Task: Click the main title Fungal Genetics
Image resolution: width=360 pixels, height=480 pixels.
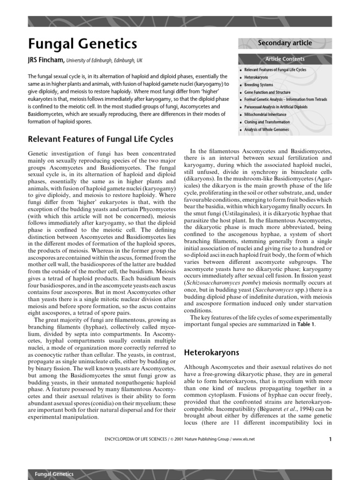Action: [x=82, y=44]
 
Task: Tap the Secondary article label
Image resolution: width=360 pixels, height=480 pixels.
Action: [x=285, y=43]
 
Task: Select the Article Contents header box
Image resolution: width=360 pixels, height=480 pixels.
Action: [x=285, y=59]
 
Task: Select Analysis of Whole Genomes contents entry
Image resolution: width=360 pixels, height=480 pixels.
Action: [x=266, y=129]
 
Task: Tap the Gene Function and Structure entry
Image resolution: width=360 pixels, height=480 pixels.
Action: [x=267, y=92]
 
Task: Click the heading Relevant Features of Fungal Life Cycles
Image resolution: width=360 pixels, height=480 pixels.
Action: [x=100, y=139]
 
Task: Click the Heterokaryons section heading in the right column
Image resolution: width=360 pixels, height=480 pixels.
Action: [x=211, y=352]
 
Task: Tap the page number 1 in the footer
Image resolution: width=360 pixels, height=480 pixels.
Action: [x=330, y=439]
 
